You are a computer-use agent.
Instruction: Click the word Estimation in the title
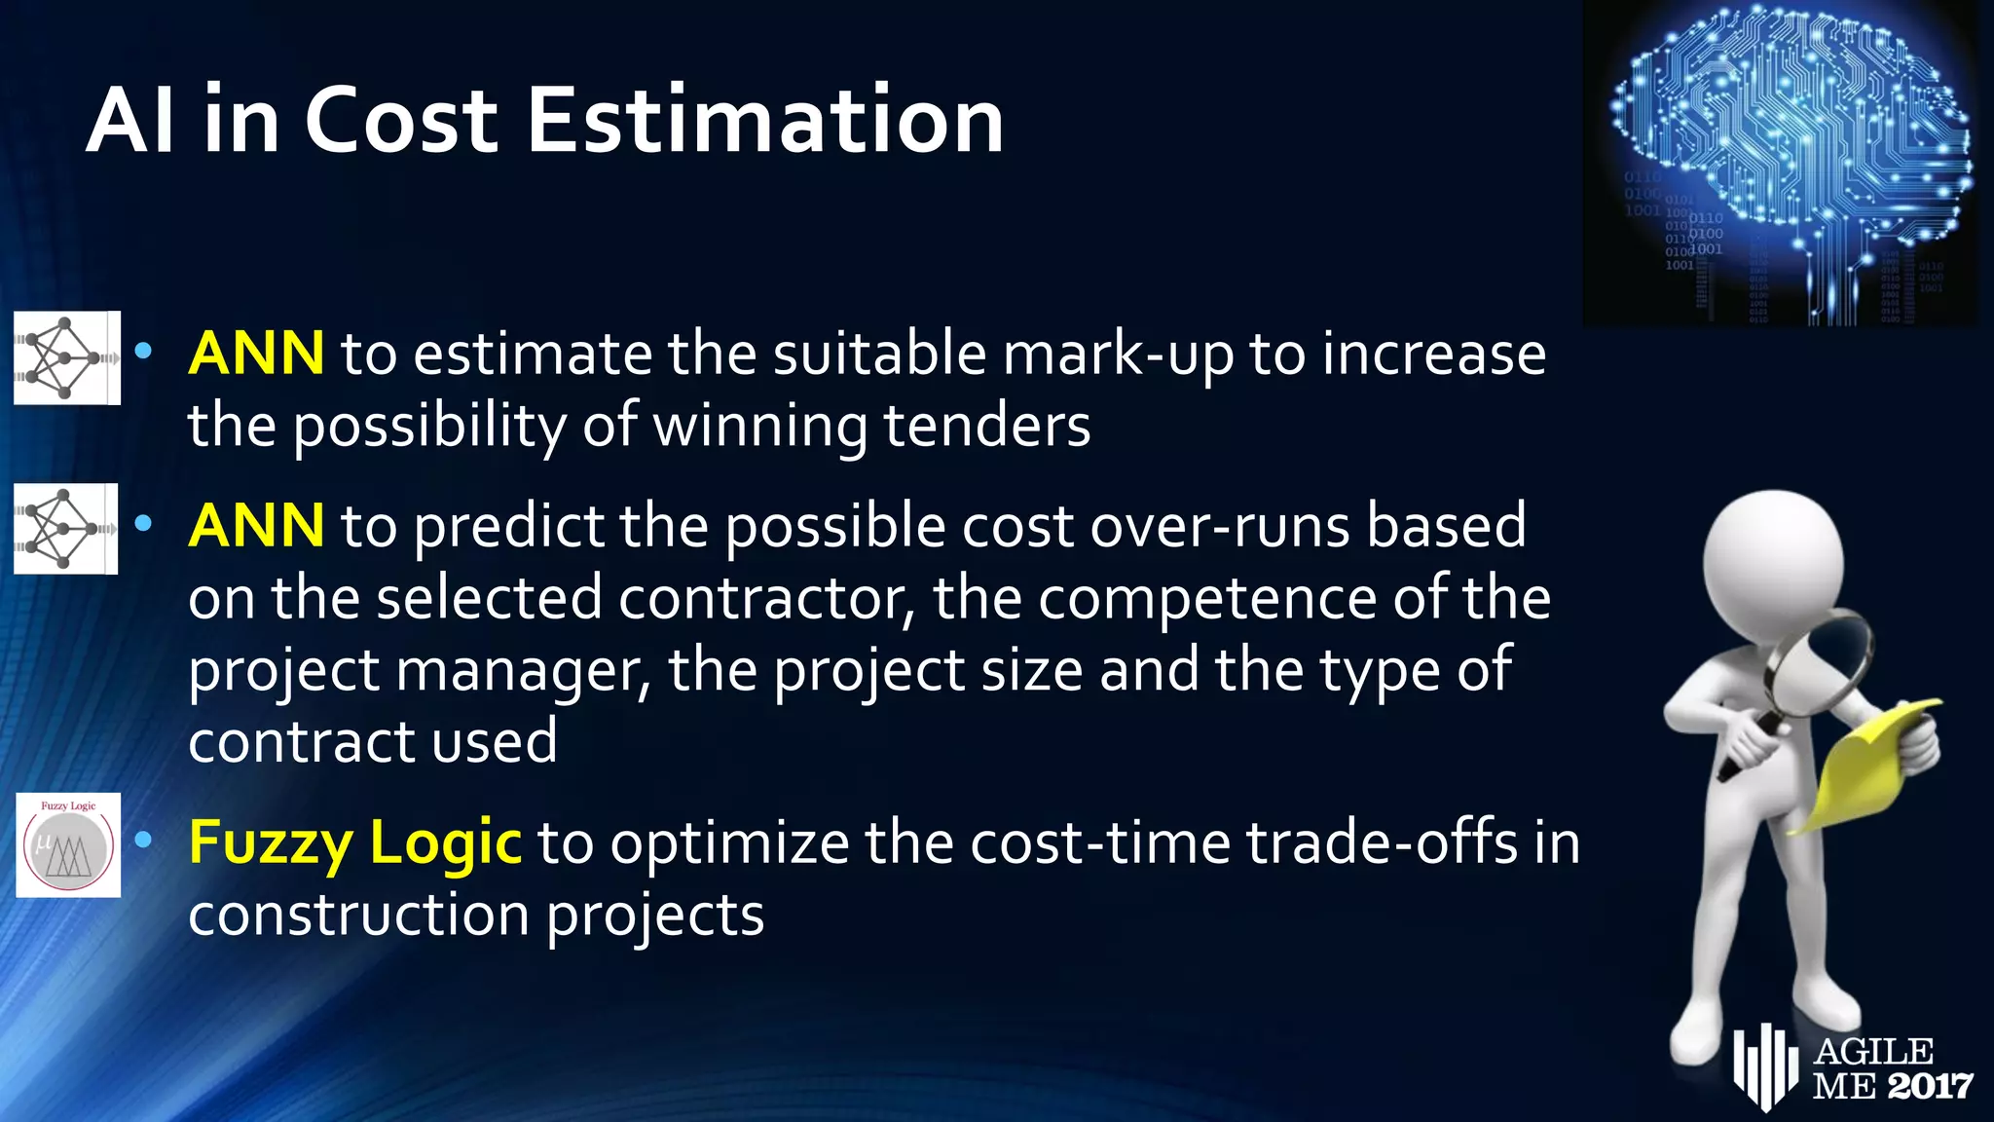pyautogui.click(x=765, y=121)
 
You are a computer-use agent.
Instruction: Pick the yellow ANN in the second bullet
pyautogui.click(x=256, y=526)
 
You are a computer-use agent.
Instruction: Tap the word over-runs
pyautogui.click(x=1220, y=526)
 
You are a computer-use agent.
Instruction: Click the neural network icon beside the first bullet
pyautogui.click(x=66, y=357)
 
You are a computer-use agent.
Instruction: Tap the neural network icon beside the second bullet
pyautogui.click(x=65, y=529)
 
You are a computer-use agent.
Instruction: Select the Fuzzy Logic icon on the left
pyautogui.click(x=68, y=844)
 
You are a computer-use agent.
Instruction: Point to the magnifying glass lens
pyautogui.click(x=1819, y=662)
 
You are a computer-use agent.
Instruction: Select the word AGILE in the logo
pyautogui.click(x=1873, y=1052)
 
